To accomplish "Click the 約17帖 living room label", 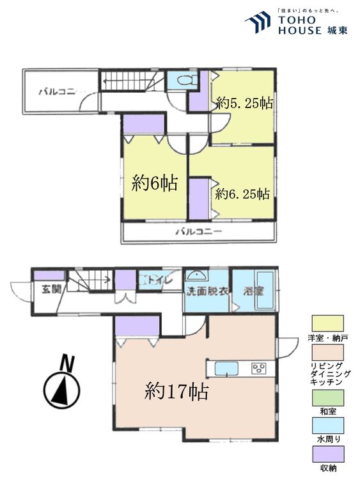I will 176,390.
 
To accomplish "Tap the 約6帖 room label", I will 154,184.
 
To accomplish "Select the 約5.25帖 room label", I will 244,102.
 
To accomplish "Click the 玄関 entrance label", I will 52,289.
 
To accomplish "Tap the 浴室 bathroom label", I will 254,290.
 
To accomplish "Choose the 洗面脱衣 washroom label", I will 207,290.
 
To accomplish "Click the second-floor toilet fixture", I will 183,81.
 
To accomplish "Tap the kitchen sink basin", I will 226,369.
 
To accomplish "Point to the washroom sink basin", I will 198,276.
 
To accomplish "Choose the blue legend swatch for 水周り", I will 328,427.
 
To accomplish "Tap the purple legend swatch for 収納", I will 328,454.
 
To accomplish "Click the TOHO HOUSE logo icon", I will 258,23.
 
